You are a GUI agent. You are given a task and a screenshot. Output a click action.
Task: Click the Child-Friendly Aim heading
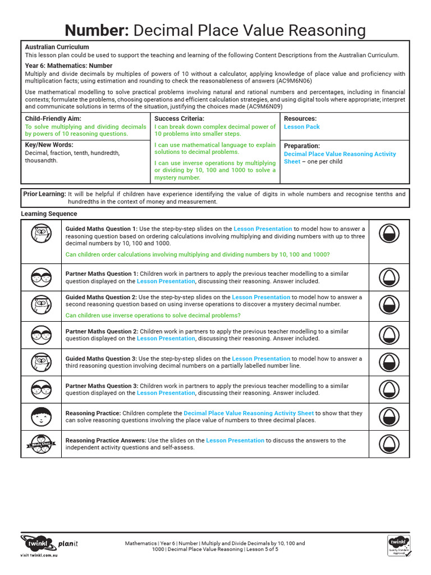coord(53,119)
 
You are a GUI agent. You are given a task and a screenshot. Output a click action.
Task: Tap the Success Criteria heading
coord(179,119)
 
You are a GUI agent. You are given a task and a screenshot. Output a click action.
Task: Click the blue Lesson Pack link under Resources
coord(302,127)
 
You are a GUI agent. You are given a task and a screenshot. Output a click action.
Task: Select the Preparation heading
coord(302,146)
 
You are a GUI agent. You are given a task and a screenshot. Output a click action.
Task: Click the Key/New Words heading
coord(50,145)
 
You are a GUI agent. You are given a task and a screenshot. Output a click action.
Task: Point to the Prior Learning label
coord(44,194)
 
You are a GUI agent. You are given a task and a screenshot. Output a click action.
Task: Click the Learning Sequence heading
coord(49,214)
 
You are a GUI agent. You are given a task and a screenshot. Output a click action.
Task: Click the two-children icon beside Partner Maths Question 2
coord(41,335)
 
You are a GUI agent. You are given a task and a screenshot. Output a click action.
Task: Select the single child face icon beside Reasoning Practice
coord(41,417)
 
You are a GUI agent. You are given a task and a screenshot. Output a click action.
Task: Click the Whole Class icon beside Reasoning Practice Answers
coord(41,444)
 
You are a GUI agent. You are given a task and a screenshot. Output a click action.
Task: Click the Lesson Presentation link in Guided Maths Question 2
coord(261,298)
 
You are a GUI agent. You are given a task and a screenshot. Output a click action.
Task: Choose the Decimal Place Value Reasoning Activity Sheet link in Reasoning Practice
coord(249,413)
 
